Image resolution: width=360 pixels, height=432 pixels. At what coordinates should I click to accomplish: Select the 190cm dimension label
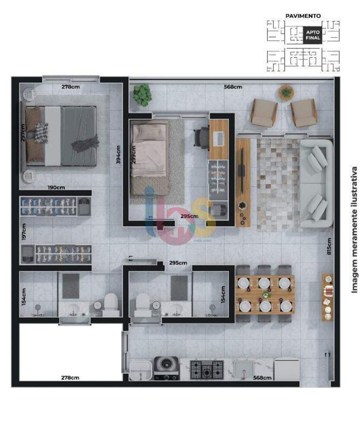coord(56,187)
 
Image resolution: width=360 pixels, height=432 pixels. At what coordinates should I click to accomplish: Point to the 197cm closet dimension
coord(24,232)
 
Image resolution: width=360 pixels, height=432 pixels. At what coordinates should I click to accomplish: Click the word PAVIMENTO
coord(303,16)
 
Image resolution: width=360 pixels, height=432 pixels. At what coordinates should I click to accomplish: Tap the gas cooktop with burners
coord(207,368)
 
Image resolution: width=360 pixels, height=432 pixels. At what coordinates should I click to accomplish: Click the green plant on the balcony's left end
coord(142,95)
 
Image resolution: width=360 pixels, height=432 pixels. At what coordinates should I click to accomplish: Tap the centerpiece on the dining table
coord(265,295)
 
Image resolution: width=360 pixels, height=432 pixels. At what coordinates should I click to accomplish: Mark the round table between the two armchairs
coord(286,92)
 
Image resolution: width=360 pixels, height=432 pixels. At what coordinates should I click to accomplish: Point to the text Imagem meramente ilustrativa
coord(354,230)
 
